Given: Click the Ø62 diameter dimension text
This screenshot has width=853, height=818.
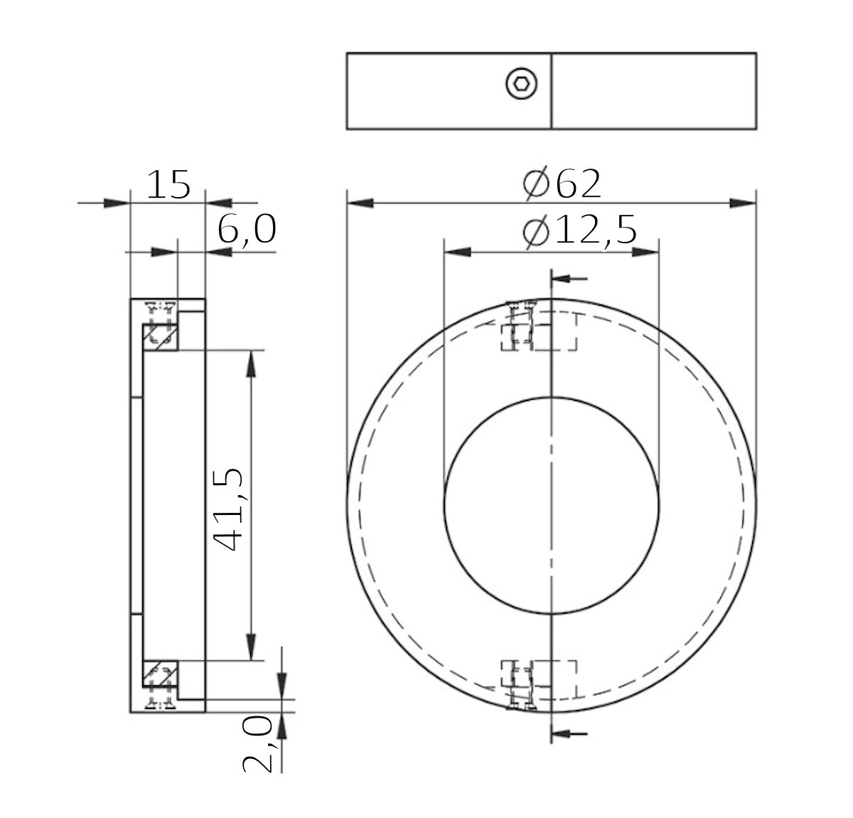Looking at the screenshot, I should click(x=562, y=184).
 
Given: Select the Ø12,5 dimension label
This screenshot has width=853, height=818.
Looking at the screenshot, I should click(x=577, y=232).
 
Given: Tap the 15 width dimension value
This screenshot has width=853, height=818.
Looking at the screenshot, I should click(x=168, y=186).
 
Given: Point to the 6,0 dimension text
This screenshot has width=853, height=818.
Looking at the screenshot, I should click(x=246, y=232).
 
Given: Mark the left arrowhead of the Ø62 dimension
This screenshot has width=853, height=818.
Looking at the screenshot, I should click(x=360, y=203).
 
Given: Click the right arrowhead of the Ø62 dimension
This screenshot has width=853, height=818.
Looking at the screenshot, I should click(x=743, y=203).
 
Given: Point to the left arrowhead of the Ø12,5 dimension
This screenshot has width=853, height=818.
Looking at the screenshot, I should click(x=456, y=252).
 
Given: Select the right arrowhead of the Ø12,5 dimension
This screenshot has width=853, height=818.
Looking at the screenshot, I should click(x=645, y=252).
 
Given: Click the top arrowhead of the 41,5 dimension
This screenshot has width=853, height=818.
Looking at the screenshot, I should click(x=250, y=363).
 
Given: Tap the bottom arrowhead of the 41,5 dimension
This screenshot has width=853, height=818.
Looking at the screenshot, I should click(x=250, y=647).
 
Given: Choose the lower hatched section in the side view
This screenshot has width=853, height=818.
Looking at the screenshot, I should click(x=160, y=674).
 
